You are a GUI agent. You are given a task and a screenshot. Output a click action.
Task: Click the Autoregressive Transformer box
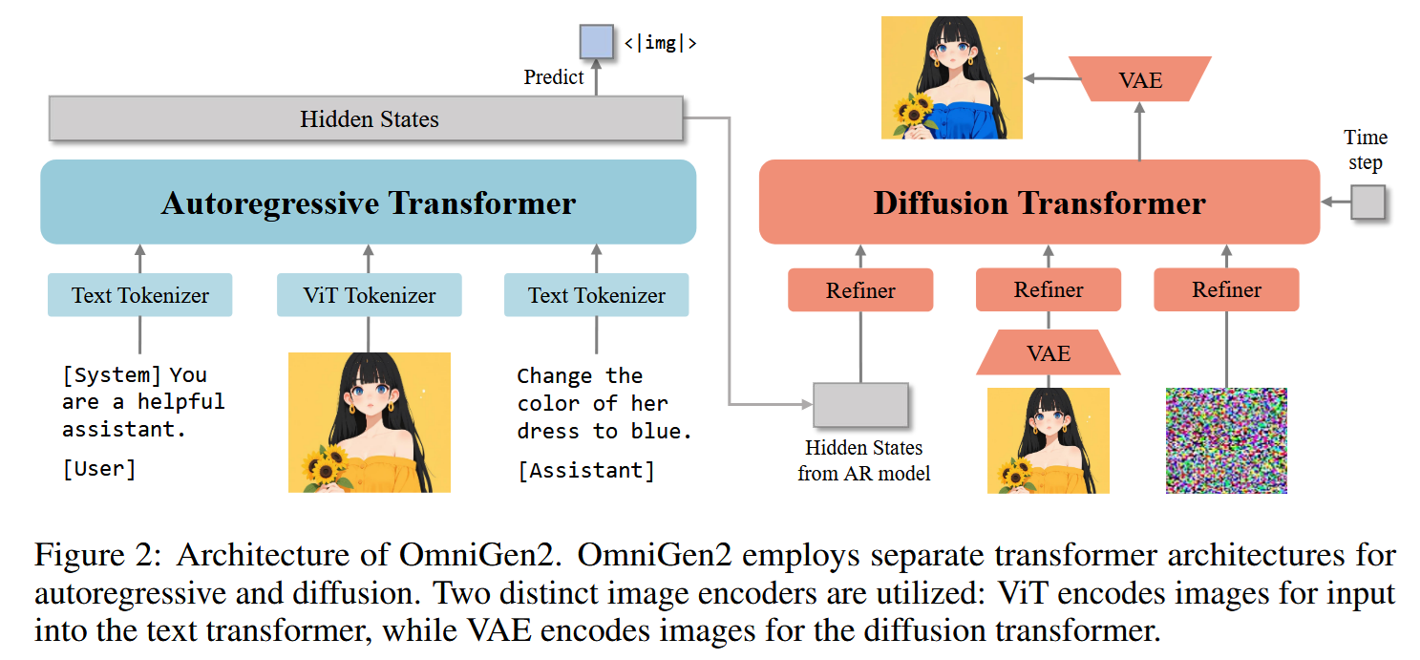pos(369,202)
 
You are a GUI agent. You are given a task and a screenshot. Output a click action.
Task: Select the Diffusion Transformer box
pos(1040,202)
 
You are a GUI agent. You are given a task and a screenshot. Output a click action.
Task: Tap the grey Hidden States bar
pos(366,118)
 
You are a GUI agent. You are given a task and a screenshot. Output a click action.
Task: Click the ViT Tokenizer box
pos(369,295)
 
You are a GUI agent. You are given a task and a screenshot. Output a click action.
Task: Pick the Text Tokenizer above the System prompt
pos(140,295)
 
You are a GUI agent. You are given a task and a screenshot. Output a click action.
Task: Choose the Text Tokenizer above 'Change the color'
pos(597,295)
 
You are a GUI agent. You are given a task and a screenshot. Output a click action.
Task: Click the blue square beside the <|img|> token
pos(597,42)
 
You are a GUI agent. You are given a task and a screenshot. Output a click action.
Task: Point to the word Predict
pos(554,76)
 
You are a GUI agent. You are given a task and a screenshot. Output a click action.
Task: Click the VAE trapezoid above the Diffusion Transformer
pos(1140,79)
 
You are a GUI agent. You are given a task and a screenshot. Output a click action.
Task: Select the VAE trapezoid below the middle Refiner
pos(1049,352)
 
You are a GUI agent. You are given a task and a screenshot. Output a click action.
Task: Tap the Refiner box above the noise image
pos(1226,289)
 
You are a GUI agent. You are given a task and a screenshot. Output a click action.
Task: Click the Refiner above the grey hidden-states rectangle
pos(860,289)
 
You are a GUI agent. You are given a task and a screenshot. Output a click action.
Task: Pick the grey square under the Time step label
pos(1368,202)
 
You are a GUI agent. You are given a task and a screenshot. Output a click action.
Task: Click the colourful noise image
pos(1227,440)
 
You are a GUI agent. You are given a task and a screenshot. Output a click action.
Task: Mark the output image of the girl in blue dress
pos(951,77)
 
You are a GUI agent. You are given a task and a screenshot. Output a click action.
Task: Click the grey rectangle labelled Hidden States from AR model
pos(860,404)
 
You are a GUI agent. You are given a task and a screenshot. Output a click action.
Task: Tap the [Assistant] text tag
pos(586,471)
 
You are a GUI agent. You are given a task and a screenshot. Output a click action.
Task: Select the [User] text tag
pos(99,469)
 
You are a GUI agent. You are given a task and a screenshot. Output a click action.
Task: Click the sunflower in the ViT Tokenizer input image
pos(326,468)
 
